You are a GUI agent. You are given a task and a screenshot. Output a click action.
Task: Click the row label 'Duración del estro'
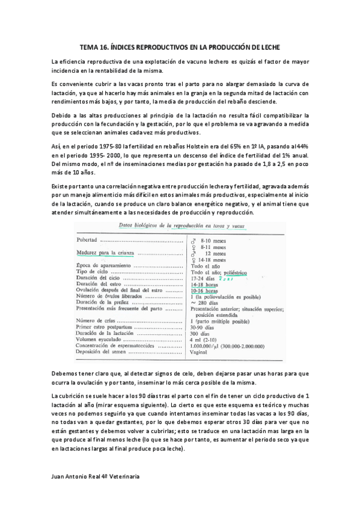tap(97, 284)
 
